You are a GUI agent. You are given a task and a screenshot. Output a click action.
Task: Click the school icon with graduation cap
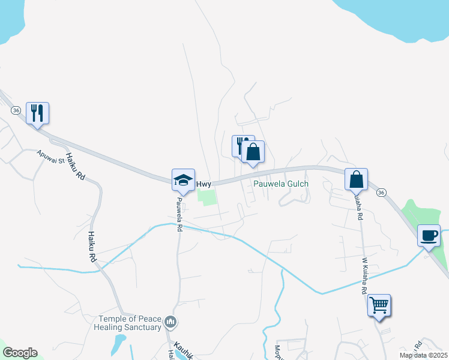click(184, 179)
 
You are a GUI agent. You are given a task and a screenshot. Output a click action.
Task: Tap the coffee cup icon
click(429, 235)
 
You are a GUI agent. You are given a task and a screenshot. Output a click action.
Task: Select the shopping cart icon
click(379, 305)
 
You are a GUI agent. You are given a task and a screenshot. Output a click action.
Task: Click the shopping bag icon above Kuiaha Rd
click(357, 179)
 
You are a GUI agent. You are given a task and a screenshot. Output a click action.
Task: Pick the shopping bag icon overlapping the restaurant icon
click(254, 152)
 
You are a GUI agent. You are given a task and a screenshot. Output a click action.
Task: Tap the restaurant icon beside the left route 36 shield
click(37, 112)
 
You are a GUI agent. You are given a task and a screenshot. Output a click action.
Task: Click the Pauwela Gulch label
click(280, 184)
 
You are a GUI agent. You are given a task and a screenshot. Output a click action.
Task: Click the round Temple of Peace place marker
click(170, 323)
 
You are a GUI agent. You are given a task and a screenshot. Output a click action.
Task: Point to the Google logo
click(19, 353)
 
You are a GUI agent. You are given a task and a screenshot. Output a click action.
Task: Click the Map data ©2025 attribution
click(423, 355)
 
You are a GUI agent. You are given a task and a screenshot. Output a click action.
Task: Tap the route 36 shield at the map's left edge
click(16, 110)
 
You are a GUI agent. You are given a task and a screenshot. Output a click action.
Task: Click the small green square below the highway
click(206, 197)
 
